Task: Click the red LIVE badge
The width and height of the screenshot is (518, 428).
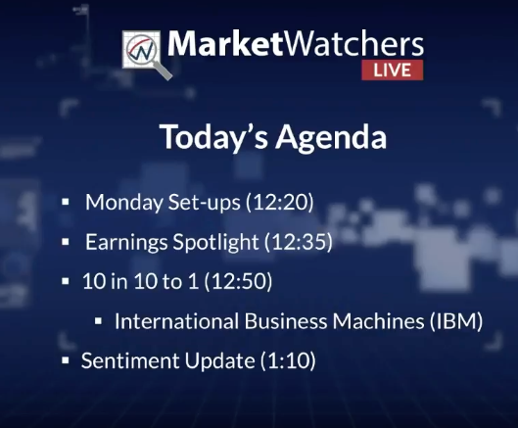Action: click(392, 71)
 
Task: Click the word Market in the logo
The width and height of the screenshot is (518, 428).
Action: click(225, 43)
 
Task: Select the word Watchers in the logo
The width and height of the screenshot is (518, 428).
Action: click(353, 43)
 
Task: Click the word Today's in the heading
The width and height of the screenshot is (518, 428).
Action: click(213, 137)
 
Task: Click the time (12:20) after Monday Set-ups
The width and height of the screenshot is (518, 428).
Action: click(279, 202)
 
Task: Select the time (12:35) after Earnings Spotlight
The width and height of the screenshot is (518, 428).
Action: click(299, 242)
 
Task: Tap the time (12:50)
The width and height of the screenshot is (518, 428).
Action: click(238, 281)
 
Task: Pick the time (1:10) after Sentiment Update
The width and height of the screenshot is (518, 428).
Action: click(288, 360)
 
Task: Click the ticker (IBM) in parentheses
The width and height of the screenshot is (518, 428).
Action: click(456, 321)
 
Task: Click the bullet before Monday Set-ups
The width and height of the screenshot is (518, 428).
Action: click(66, 202)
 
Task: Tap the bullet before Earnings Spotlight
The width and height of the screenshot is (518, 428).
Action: click(66, 242)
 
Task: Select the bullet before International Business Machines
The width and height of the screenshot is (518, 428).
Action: click(98, 321)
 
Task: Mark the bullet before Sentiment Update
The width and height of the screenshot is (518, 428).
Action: click(66, 360)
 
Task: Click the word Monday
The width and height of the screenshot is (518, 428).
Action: click(124, 203)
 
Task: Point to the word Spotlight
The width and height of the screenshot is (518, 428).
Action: click(215, 242)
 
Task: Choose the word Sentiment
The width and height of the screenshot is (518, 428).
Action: click(130, 360)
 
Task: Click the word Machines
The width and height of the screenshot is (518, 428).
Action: click(378, 321)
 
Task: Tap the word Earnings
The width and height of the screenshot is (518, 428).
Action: click(126, 242)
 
